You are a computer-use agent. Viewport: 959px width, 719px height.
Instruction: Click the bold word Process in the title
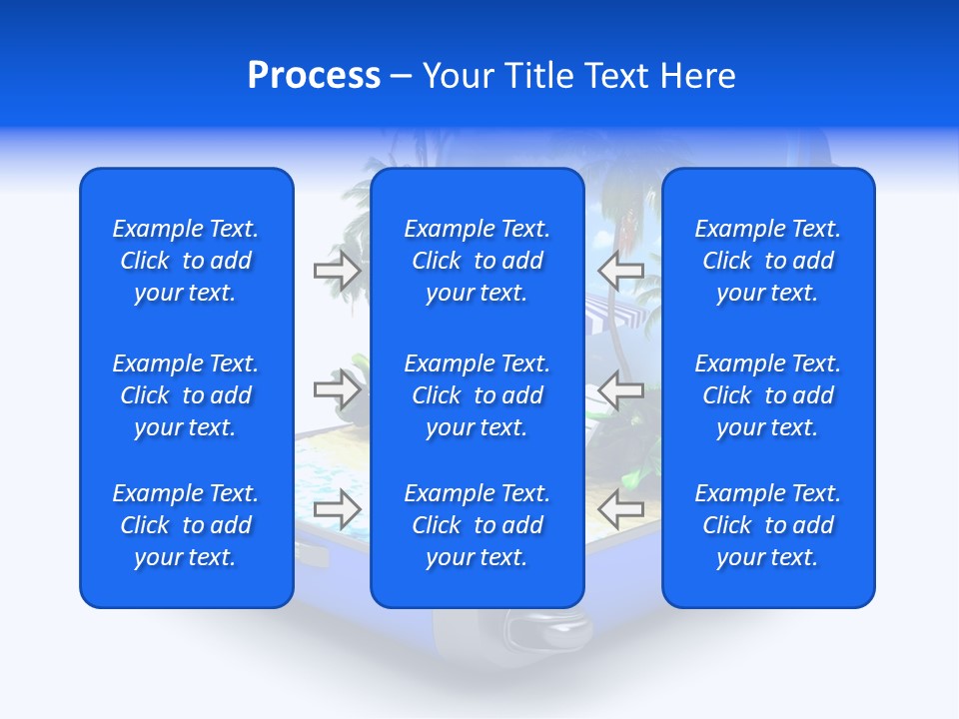coord(314,76)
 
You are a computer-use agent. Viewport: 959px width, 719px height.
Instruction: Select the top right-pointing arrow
coord(338,270)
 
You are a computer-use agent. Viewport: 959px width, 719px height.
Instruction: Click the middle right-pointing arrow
coord(338,389)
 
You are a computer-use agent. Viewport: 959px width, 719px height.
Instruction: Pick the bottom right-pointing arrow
coord(338,508)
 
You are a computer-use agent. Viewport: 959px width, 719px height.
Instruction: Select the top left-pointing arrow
coord(621,270)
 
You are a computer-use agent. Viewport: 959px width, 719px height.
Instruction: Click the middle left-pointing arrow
coord(621,389)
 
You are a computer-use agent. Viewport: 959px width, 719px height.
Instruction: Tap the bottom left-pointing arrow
coord(621,508)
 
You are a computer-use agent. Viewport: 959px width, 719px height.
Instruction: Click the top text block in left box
coord(186,261)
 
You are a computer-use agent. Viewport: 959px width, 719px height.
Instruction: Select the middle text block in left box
coord(186,395)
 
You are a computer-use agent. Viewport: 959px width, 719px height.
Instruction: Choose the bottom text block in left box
coord(186,525)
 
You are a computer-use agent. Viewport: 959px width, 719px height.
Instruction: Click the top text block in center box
coord(477,261)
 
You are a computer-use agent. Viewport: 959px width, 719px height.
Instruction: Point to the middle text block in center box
coord(477,395)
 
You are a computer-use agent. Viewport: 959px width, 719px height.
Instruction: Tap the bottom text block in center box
coord(477,525)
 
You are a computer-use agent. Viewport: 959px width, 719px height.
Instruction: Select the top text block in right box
coord(767,261)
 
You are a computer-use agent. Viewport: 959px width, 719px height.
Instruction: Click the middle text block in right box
coord(767,395)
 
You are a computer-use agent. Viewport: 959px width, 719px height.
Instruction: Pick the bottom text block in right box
coord(767,525)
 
